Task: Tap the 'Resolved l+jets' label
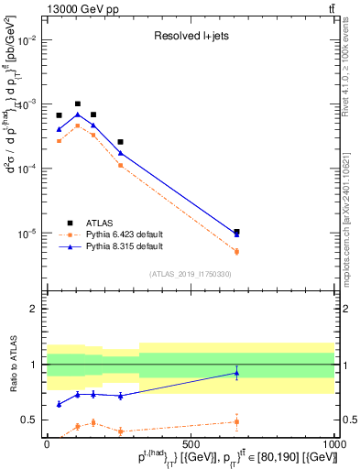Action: click(190, 38)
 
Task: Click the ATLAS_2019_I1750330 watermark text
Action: click(190, 273)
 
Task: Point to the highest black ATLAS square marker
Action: click(78, 104)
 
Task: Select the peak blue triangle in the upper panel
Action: click(78, 115)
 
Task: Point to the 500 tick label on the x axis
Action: click(191, 442)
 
